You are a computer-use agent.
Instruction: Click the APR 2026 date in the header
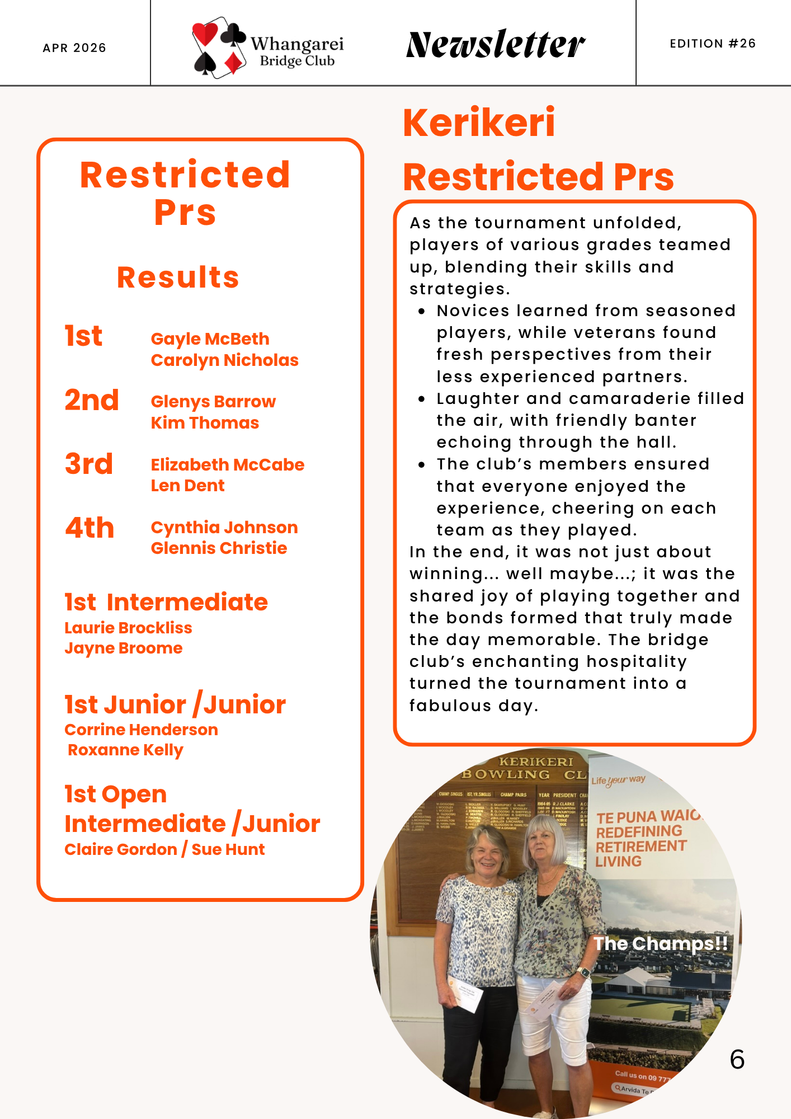coord(74,48)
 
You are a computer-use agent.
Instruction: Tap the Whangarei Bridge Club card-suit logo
coord(218,48)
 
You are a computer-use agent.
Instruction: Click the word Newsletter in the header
coord(496,45)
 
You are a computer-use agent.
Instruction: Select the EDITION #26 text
coord(713,44)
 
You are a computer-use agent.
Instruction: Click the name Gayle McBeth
coord(210,339)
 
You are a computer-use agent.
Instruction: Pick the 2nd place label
coord(92,401)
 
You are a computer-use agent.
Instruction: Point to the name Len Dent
coord(187,486)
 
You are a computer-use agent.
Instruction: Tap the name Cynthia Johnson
coord(224,528)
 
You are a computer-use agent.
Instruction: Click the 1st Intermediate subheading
coord(166,603)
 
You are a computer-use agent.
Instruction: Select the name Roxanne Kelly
coord(125,750)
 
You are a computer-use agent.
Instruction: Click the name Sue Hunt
coord(228,850)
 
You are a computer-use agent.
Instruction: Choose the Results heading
coord(178,278)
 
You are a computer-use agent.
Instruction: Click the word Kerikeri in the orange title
coord(479,123)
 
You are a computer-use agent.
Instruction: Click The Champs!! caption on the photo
coord(661,944)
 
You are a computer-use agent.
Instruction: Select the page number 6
coord(737,1060)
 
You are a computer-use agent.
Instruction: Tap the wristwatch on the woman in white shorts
coord(583,974)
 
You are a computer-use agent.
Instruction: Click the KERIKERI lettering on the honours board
coord(536,762)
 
